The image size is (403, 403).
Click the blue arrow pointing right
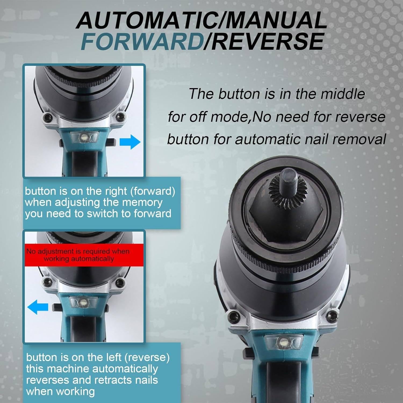click(130, 142)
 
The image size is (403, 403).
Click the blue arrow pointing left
click(38, 307)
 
